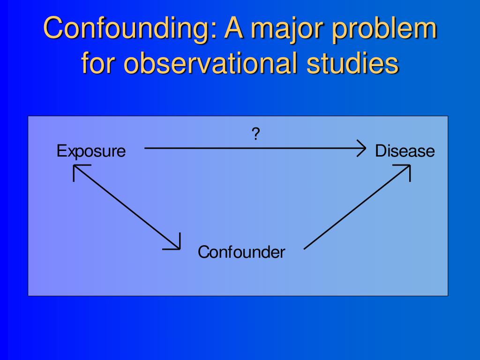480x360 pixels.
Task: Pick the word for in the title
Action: point(98,64)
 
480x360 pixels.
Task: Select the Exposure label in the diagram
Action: point(91,151)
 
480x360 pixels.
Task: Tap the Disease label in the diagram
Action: point(405,151)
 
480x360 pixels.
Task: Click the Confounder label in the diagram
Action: point(241,252)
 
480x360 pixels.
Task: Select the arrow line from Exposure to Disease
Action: point(253,148)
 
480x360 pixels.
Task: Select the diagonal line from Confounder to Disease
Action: point(356,207)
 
